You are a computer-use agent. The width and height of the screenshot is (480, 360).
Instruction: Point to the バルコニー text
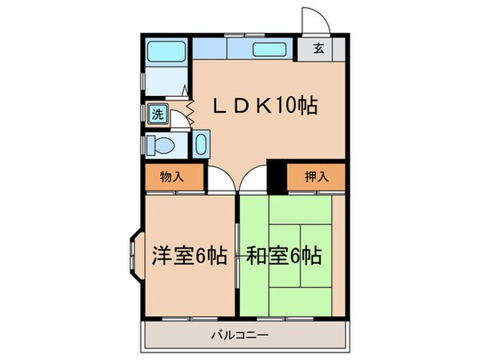[240, 336]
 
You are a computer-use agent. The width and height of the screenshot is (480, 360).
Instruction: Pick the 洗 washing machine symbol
[157, 114]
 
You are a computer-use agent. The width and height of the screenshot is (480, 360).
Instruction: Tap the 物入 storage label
[171, 177]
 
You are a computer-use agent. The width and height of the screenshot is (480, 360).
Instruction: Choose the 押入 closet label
[317, 177]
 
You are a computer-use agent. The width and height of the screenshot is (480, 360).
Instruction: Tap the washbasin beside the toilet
[200, 146]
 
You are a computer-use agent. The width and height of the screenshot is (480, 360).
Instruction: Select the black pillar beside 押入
[276, 177]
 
